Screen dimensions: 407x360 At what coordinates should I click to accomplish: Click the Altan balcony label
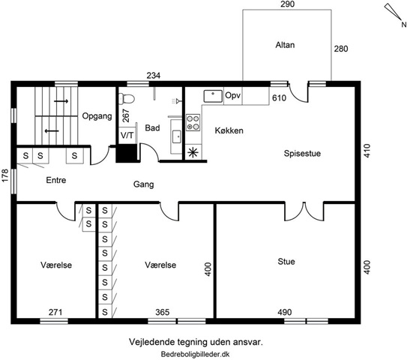[285, 45]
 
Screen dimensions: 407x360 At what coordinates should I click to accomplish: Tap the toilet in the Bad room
[127, 99]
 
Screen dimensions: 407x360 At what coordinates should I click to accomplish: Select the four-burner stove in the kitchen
[193, 122]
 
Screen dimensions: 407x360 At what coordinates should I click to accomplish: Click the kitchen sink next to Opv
[213, 96]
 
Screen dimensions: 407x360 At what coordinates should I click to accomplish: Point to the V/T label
[127, 135]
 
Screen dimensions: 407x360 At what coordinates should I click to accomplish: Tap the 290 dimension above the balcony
[288, 4]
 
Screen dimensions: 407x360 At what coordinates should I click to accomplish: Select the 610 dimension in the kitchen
[280, 98]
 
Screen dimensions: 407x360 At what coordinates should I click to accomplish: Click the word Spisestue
[302, 153]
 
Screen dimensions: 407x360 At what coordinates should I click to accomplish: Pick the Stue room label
[286, 261]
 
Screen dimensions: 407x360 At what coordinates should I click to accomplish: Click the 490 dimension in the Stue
[285, 312]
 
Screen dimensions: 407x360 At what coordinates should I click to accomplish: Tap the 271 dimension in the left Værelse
[55, 312]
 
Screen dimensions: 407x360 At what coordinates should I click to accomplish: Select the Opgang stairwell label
[97, 115]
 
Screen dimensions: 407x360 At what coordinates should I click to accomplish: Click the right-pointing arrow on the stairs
[61, 101]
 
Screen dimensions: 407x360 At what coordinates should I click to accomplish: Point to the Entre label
[56, 180]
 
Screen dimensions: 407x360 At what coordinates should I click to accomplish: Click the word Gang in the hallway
[144, 184]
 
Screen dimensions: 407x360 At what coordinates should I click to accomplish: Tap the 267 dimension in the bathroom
[126, 115]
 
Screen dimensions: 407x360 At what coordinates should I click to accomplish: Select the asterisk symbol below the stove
[193, 152]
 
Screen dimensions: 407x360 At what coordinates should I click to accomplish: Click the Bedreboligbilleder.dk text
[195, 354]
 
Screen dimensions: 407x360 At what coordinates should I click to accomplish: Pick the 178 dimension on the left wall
[5, 175]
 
